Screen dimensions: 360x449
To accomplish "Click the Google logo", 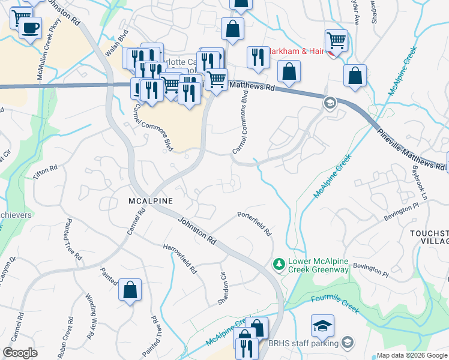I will [x=20, y=352].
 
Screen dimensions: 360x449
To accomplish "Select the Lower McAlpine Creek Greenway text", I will [x=318, y=265].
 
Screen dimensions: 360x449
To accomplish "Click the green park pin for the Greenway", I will [x=279, y=264].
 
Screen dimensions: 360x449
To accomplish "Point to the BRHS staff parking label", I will [x=304, y=343].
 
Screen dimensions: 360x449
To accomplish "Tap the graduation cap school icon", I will [x=322, y=326].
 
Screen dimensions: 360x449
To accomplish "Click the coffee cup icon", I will [x=30, y=27].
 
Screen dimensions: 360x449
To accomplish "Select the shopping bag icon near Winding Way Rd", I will [x=130, y=290].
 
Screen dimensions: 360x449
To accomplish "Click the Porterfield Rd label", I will [x=255, y=223].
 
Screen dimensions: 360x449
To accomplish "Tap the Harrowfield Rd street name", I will [x=180, y=259].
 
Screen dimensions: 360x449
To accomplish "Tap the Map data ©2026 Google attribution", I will [x=411, y=355].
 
